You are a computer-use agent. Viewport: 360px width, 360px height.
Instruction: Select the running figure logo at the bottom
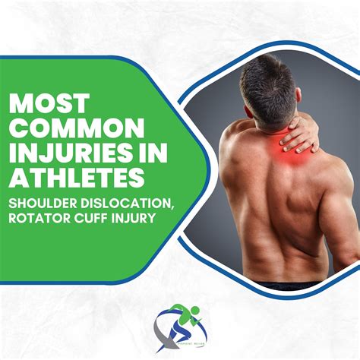tap(179, 327)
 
